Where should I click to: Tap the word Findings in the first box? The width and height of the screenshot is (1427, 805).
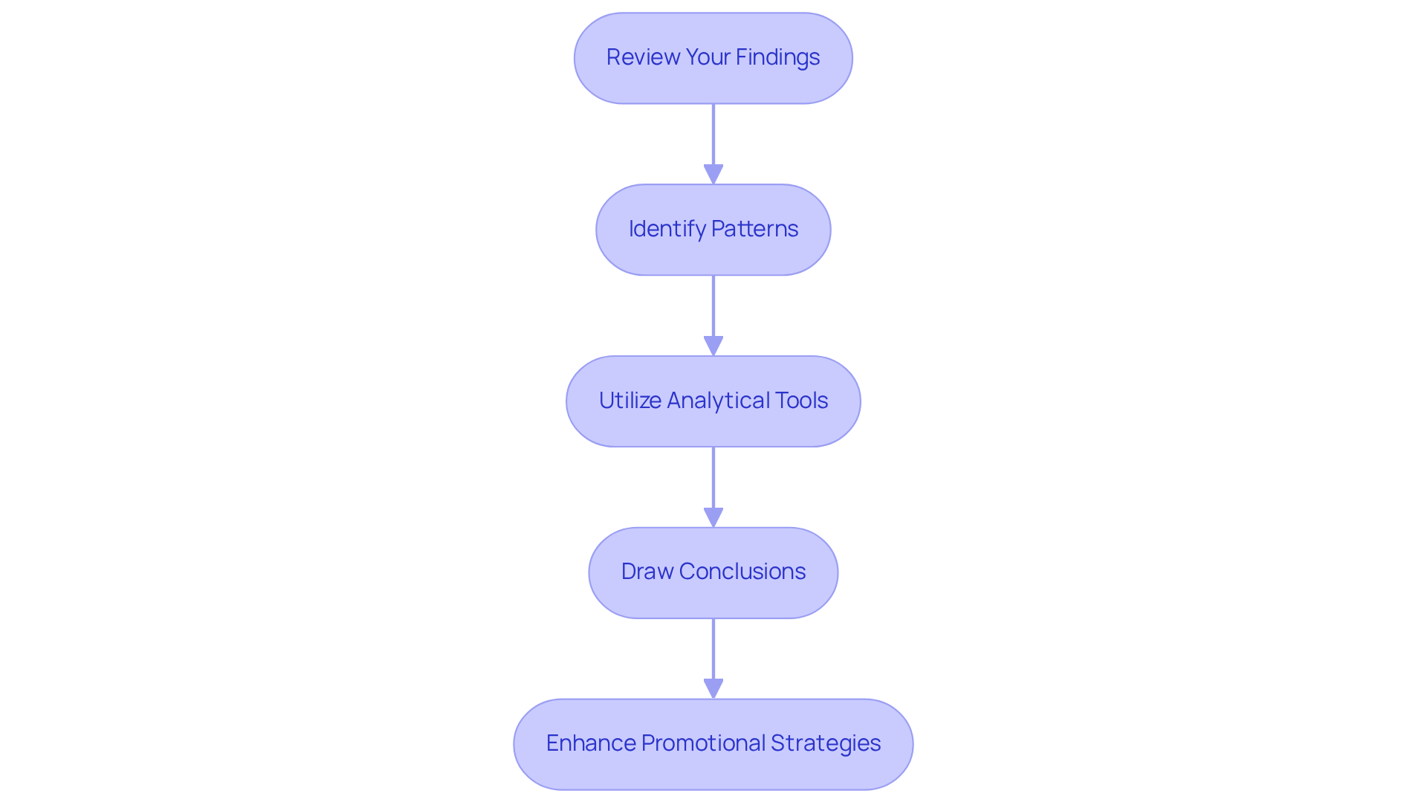777,57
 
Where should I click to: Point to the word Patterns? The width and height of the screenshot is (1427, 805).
755,229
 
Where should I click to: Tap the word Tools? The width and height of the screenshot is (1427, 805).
801,401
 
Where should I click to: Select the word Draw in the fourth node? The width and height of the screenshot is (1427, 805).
647,572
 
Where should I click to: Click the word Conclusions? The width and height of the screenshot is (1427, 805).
742,572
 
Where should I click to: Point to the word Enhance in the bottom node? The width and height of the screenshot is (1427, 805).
590,743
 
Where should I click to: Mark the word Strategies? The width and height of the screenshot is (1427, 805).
825,743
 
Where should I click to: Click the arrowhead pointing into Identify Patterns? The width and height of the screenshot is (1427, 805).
713,175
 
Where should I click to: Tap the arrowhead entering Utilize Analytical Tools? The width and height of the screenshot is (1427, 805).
713,346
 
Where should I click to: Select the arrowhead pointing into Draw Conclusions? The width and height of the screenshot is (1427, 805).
713,518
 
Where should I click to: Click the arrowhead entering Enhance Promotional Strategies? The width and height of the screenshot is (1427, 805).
713,689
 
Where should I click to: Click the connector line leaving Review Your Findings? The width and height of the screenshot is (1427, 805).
713,134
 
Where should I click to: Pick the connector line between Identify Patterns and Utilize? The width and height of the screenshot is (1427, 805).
713,305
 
